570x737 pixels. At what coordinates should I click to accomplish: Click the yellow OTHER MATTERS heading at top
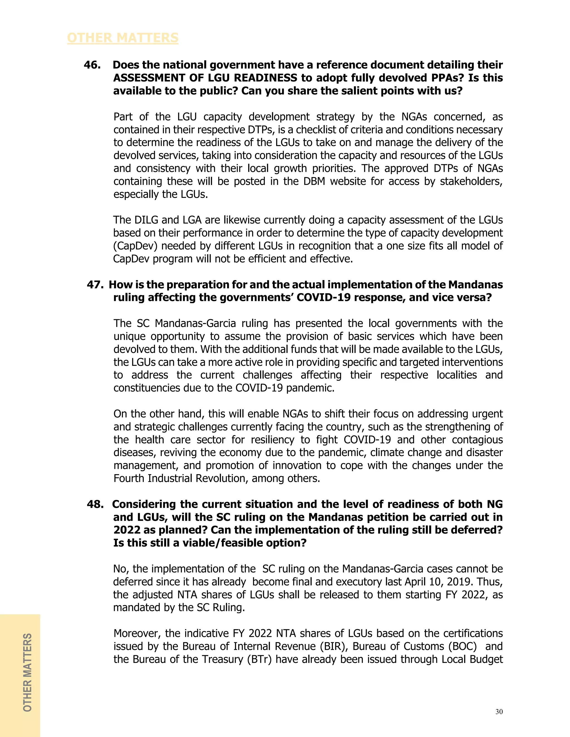click(122, 38)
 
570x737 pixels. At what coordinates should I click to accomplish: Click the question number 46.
click(92, 65)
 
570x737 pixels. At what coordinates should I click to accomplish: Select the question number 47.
click(95, 285)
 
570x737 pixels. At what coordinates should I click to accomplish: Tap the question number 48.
click(95, 504)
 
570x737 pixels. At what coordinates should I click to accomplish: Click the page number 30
click(499, 712)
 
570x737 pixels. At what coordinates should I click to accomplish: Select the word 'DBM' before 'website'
click(314, 181)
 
